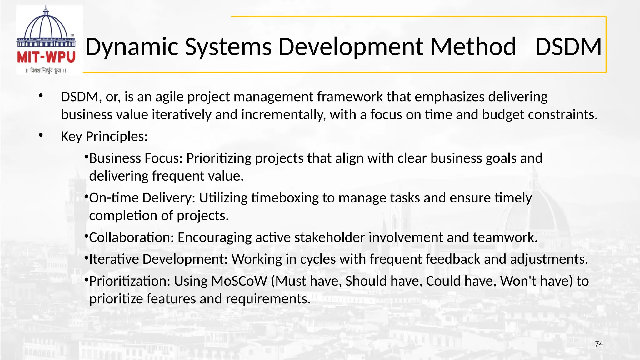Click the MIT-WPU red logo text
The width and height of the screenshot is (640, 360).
(46, 57)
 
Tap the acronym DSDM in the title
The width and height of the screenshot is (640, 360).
(568, 47)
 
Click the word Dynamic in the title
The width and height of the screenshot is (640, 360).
(132, 47)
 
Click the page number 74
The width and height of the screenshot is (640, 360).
(599, 344)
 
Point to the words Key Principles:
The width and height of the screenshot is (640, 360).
(104, 137)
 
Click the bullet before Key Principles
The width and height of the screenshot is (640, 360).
(41, 135)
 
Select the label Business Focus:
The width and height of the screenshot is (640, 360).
(136, 158)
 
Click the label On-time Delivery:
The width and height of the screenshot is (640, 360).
(142, 198)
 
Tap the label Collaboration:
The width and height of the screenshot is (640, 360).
(132, 238)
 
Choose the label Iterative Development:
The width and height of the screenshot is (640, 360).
(158, 260)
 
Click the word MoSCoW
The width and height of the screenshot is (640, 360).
(239, 281)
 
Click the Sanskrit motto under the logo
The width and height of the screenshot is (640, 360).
(46, 71)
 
